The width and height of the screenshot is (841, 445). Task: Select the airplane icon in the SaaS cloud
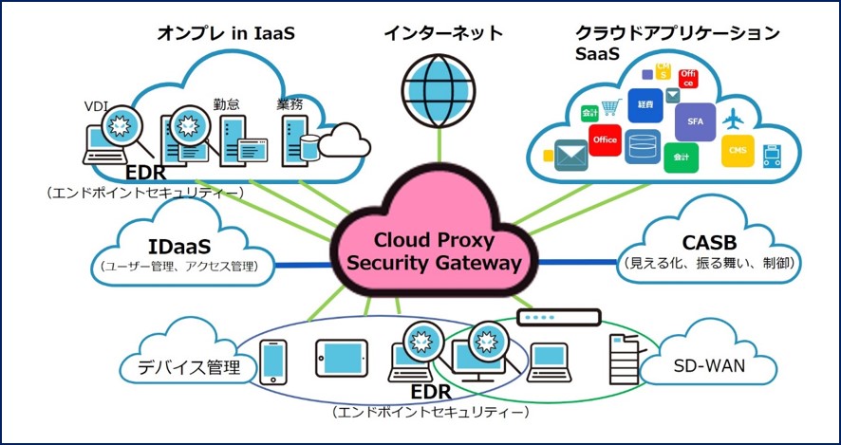(x=732, y=121)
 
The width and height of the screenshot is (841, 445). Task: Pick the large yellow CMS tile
(x=738, y=150)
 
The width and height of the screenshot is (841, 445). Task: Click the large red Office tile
(x=605, y=140)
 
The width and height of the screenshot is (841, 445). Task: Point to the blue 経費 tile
(x=645, y=104)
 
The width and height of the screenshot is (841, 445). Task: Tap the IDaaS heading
(x=178, y=246)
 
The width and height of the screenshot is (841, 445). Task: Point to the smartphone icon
(x=273, y=361)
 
